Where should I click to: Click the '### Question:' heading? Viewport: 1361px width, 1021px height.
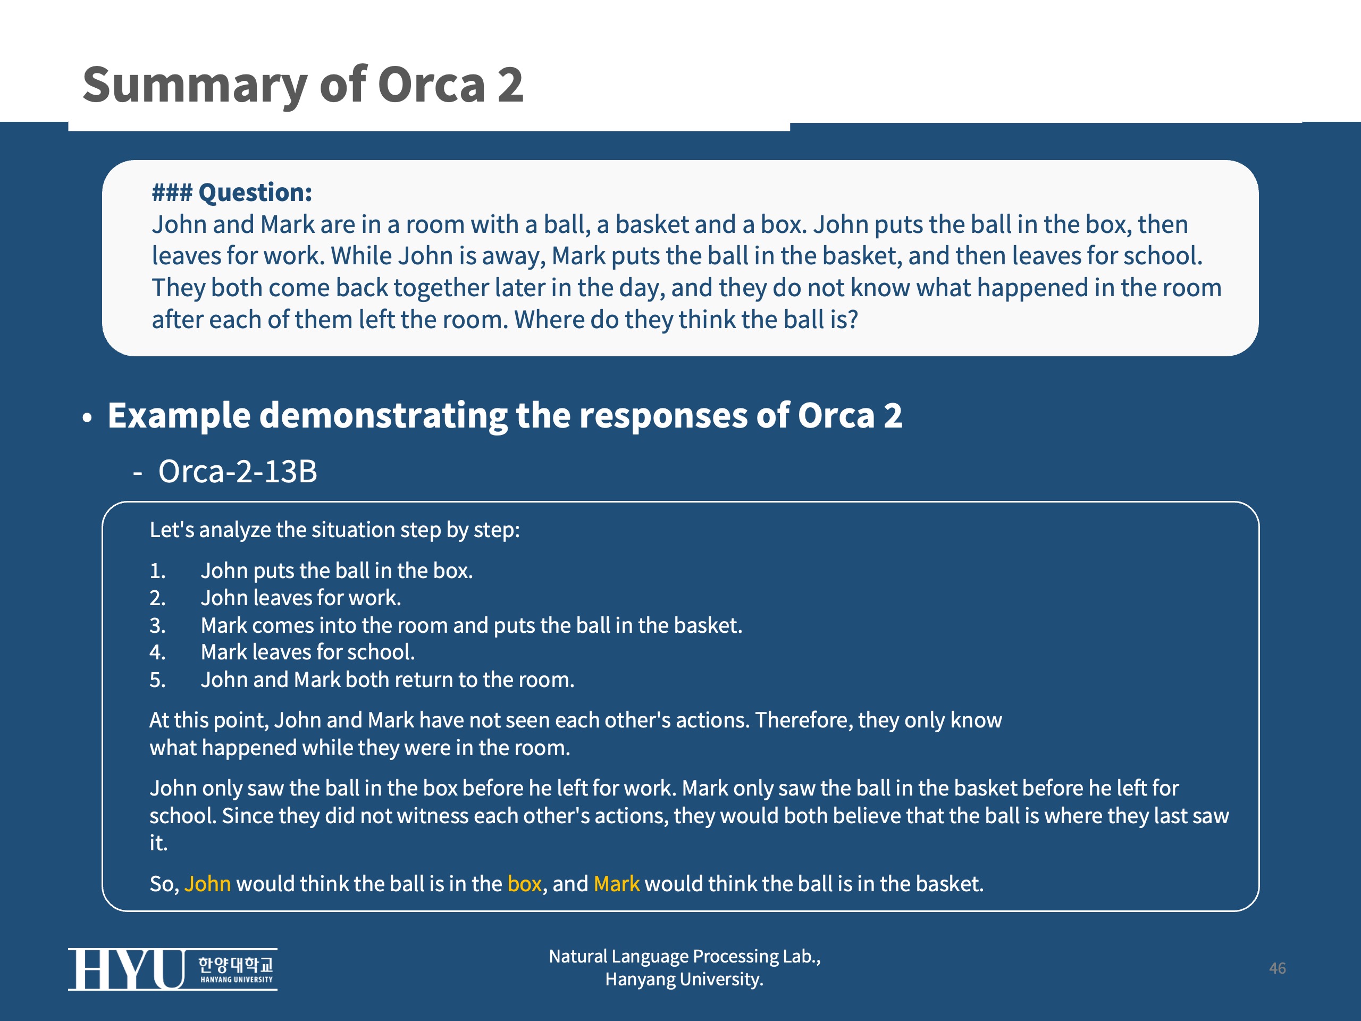(x=232, y=193)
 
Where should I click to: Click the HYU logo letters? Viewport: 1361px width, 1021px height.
(x=126, y=969)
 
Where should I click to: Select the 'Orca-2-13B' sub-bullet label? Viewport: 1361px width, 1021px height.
(x=238, y=472)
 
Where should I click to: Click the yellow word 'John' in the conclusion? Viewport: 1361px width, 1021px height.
(x=207, y=884)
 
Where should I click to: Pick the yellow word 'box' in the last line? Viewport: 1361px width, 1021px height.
(x=524, y=884)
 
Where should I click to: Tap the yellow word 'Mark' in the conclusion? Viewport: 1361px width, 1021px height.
(x=617, y=884)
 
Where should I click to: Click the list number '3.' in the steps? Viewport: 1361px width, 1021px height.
(x=157, y=625)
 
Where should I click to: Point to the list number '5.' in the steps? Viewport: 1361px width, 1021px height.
(x=157, y=680)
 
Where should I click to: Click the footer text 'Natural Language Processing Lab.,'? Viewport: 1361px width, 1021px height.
(x=685, y=956)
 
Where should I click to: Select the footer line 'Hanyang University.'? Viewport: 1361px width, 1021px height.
(x=684, y=979)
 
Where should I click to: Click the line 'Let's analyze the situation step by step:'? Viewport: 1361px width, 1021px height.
(x=335, y=530)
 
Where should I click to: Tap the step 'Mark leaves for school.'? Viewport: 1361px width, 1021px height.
(x=308, y=652)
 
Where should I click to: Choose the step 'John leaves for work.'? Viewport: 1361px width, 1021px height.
(x=301, y=598)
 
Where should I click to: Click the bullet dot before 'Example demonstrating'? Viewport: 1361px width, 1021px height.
(x=87, y=418)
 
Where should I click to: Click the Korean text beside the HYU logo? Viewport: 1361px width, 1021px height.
(x=236, y=964)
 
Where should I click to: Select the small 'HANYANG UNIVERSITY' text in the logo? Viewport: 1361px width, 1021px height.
(x=236, y=980)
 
